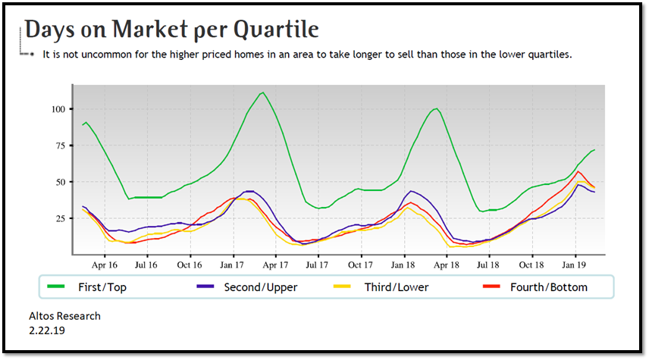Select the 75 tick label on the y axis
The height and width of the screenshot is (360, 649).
coord(59,146)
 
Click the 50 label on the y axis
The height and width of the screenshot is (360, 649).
coord(59,182)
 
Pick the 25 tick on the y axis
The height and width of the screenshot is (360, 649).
coord(59,219)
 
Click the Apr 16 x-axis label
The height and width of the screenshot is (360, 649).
coord(105,265)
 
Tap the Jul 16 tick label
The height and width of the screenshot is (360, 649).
coord(146,265)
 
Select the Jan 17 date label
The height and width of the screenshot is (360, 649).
coord(233,265)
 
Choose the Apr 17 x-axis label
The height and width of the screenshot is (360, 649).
coord(275,265)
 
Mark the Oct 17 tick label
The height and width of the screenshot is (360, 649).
coord(360,265)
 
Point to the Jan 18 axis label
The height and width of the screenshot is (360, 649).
coord(403,265)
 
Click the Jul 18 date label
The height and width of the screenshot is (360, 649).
coord(488,265)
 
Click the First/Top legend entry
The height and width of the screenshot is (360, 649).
coord(102,287)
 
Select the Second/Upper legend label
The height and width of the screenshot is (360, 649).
coord(260,287)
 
